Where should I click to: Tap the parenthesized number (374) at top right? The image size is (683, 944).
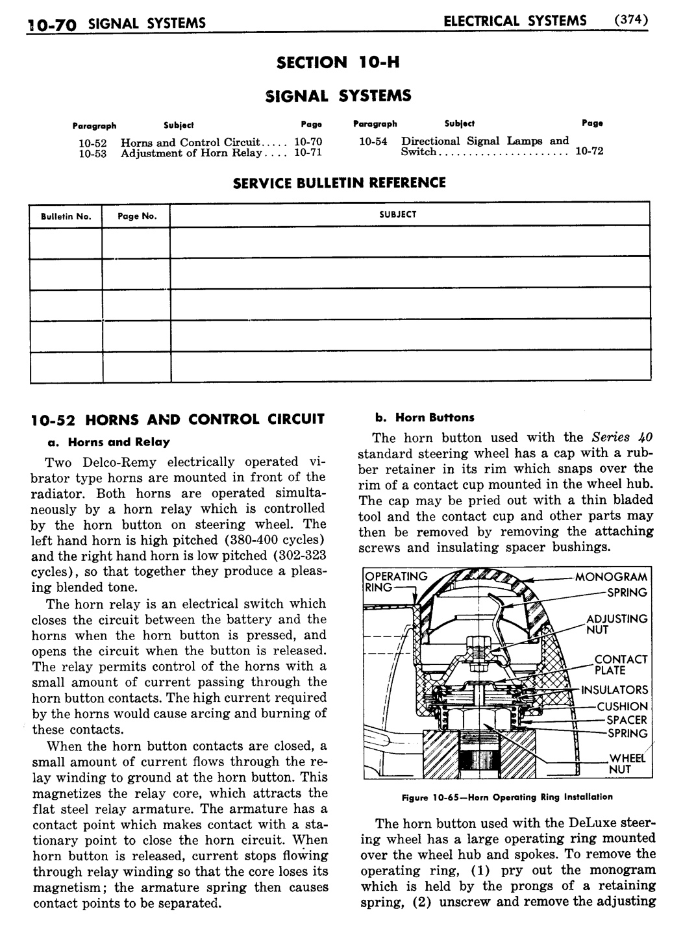pyautogui.click(x=631, y=20)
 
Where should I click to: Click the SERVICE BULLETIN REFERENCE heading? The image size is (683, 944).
pyautogui.click(x=339, y=182)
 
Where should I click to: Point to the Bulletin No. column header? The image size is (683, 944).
pyautogui.click(x=66, y=216)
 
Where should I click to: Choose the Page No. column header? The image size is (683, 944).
pyautogui.click(x=137, y=216)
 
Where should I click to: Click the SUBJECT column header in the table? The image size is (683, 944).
pyautogui.click(x=397, y=214)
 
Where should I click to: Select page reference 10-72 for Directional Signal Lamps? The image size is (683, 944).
pyautogui.click(x=590, y=151)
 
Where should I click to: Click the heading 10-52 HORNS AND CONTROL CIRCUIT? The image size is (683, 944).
pyautogui.click(x=177, y=419)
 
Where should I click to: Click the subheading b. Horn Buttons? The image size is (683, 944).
pyautogui.click(x=425, y=417)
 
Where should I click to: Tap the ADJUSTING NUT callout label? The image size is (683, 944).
pyautogui.click(x=616, y=624)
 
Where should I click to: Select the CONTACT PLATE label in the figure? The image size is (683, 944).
pyautogui.click(x=620, y=665)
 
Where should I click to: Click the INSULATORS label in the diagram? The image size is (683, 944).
pyautogui.click(x=615, y=690)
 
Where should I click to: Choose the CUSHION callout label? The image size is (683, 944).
pyautogui.click(x=622, y=706)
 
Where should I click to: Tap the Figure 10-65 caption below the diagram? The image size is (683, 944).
pyautogui.click(x=506, y=797)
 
